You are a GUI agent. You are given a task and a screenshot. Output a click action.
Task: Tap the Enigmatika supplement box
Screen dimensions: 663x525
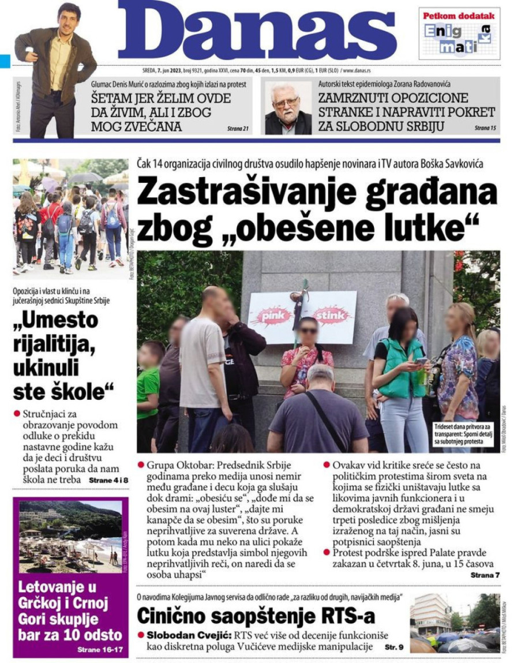[x=459, y=33]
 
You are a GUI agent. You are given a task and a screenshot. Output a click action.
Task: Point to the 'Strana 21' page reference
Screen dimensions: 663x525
[x=237, y=128]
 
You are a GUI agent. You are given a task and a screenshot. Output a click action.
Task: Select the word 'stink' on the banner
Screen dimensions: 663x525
[x=331, y=316]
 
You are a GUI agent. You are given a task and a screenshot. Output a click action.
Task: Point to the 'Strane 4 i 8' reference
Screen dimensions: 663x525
[x=108, y=480]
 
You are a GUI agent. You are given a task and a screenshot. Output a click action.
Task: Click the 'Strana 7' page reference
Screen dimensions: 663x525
[x=485, y=575]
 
